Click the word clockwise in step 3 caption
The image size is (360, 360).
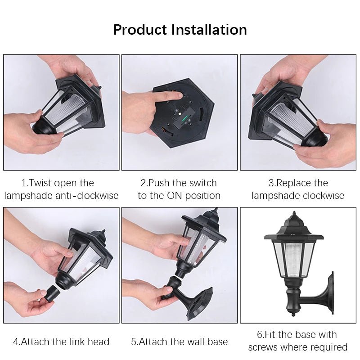323,196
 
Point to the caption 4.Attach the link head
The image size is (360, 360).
61,342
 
